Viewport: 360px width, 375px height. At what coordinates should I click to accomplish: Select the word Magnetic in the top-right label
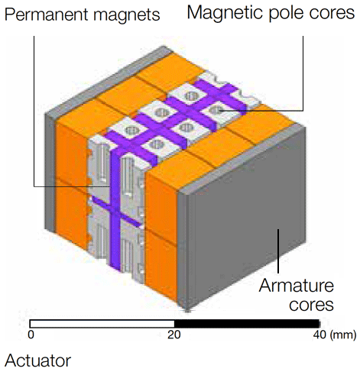point(226,13)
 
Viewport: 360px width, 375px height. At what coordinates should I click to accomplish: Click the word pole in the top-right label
point(287,14)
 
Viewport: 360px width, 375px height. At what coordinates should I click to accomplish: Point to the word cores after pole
point(332,13)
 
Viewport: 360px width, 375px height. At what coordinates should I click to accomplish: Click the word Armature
point(297,286)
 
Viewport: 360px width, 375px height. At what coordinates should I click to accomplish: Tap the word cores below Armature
point(311,305)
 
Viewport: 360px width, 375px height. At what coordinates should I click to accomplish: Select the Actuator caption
point(37,360)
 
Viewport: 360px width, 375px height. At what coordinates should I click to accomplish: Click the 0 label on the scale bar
point(31,335)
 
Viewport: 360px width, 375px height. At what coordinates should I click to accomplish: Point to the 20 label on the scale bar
point(174,335)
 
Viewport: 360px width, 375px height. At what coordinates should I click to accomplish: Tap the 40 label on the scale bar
point(319,335)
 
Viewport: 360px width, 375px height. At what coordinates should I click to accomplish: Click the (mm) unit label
point(343,335)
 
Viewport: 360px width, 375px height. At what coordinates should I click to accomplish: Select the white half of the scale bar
point(102,324)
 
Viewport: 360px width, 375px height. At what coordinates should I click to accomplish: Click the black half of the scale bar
point(247,324)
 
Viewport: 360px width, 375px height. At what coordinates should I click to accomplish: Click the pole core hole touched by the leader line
point(217,110)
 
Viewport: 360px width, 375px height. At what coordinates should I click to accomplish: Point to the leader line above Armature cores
point(278,251)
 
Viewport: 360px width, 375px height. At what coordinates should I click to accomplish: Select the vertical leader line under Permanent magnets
point(34,111)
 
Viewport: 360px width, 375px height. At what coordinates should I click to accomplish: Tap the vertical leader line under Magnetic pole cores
point(303,73)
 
